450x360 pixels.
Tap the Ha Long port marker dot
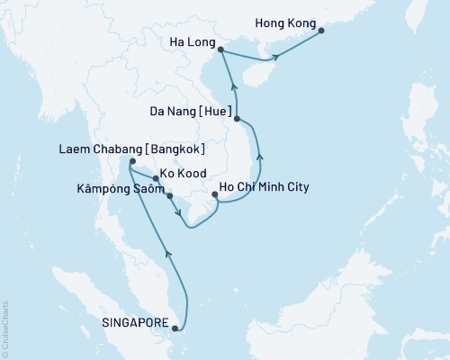(220, 53)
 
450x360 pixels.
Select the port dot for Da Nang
(237, 118)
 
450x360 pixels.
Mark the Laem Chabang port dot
(132, 162)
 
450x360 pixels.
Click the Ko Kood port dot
(156, 178)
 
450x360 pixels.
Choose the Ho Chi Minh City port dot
(213, 194)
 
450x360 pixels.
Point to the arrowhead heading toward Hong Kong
(277, 58)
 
